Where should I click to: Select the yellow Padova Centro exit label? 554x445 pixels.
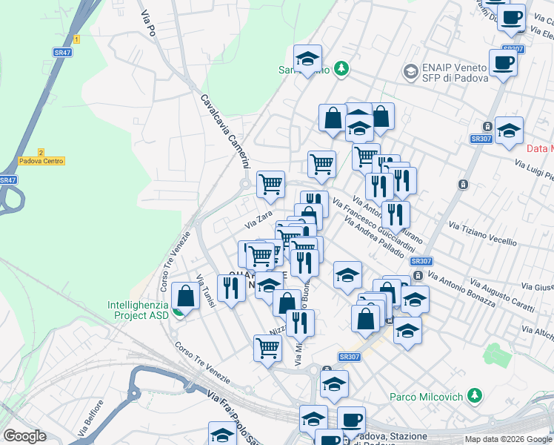point(41,161)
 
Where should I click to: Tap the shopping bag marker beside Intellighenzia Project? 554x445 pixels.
point(184,297)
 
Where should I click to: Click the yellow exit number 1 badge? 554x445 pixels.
point(76,39)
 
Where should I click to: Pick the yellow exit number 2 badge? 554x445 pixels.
point(41,151)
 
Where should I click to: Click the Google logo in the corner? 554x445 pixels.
point(25,436)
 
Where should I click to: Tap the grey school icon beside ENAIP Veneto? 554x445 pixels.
point(410,72)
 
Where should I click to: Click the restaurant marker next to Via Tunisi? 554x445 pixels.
point(231,288)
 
